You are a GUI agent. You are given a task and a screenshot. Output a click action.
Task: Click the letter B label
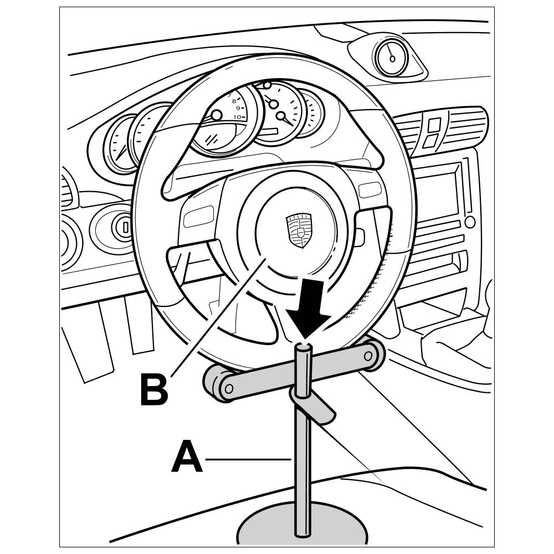tap(153, 389)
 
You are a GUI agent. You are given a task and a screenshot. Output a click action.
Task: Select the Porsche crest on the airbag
tap(299, 230)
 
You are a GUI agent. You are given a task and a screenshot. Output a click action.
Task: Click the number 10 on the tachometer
tap(237, 117)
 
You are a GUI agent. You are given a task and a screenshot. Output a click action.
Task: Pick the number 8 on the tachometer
tap(234, 101)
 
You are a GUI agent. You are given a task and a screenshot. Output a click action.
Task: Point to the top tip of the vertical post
tap(303, 348)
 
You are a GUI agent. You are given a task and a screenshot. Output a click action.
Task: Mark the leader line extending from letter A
tap(248, 459)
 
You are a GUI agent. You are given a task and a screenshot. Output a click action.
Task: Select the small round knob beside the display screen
tap(470, 222)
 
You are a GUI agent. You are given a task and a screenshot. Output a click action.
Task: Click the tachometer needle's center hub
tap(217, 115)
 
